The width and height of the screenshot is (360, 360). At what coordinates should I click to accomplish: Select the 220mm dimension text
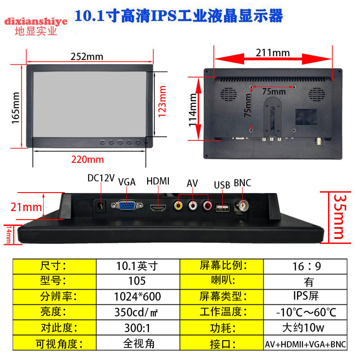click(x=87, y=159)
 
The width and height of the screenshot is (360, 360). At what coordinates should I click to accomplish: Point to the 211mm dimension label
click(x=273, y=52)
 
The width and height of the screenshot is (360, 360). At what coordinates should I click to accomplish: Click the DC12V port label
click(x=101, y=178)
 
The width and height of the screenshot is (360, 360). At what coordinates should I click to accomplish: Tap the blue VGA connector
click(x=127, y=206)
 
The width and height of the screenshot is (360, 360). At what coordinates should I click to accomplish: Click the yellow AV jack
click(x=179, y=207)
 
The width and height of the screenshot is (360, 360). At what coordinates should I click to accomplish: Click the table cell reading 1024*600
click(x=138, y=296)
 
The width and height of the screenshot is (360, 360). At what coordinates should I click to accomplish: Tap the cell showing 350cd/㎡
click(x=138, y=312)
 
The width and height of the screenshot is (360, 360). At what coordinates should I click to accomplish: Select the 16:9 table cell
click(x=307, y=266)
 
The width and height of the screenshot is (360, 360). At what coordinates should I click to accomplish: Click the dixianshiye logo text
click(x=36, y=21)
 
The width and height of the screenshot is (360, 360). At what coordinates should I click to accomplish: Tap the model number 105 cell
click(x=138, y=281)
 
